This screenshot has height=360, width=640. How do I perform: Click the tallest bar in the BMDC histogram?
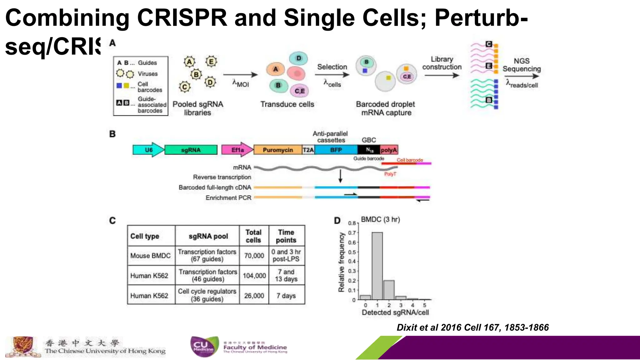(x=377, y=266)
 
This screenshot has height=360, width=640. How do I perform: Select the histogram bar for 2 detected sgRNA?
(x=389, y=290)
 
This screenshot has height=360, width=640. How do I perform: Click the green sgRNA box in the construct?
(x=191, y=150)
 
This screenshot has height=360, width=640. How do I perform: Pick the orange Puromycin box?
(x=278, y=150)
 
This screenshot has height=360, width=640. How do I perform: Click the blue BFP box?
(x=336, y=150)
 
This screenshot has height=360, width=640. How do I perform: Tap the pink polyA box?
(x=389, y=150)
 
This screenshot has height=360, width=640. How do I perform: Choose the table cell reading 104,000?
(x=254, y=276)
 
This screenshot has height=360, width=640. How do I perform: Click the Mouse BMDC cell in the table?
(x=151, y=256)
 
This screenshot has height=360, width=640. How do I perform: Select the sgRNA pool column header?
(x=208, y=236)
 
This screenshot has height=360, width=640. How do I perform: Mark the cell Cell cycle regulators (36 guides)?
(x=207, y=295)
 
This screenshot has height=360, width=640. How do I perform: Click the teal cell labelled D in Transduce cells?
(x=298, y=58)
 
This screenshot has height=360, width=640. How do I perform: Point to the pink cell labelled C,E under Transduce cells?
(x=299, y=91)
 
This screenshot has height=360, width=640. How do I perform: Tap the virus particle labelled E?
(x=211, y=62)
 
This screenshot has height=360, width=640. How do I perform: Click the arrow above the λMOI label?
(x=240, y=75)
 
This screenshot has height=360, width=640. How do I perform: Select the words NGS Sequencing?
(x=522, y=65)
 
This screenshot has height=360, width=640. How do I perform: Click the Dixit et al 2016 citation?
(x=472, y=327)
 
